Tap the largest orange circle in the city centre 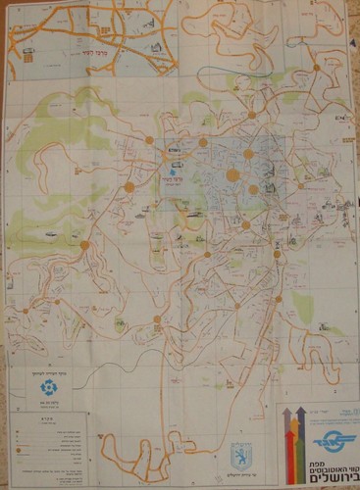pos(233,176)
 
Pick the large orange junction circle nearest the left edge pos(83,245)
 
